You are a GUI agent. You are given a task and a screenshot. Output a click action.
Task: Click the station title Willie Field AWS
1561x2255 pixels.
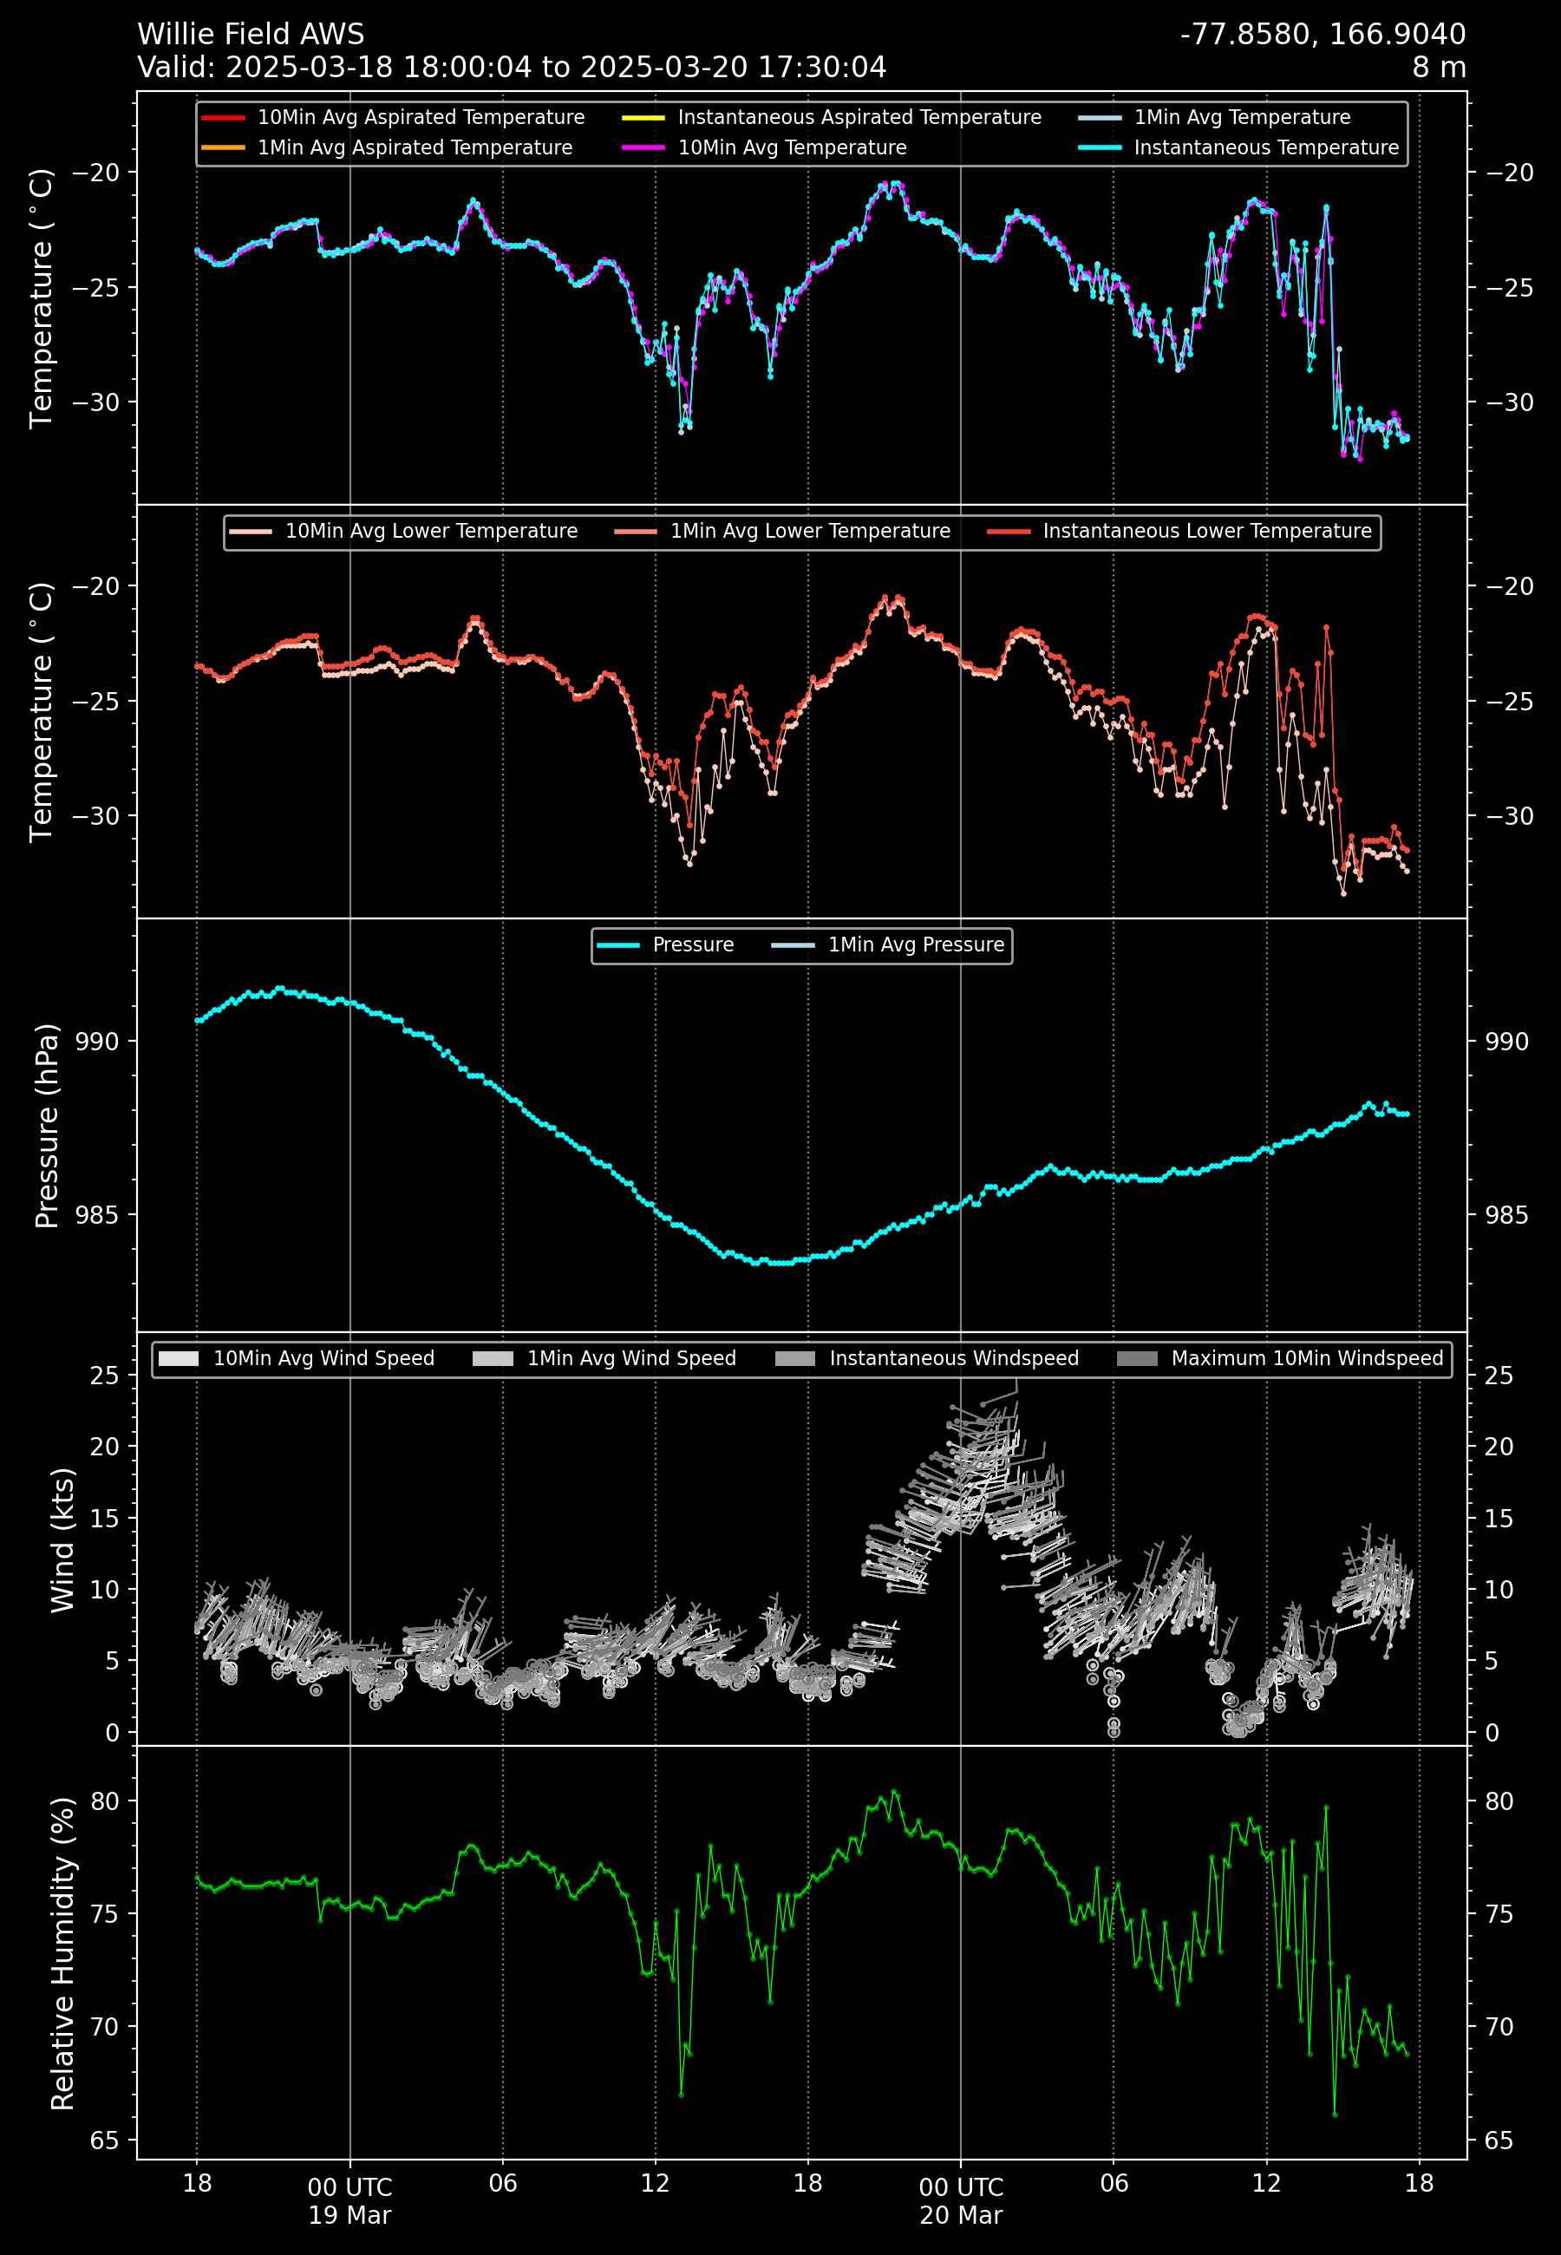click(x=251, y=34)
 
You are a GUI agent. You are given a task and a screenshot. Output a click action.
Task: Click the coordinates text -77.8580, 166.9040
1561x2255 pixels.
click(x=1323, y=34)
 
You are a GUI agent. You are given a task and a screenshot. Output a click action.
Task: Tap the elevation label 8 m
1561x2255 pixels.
click(x=1438, y=68)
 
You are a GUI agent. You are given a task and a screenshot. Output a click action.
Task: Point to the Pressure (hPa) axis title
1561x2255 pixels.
click(x=47, y=1126)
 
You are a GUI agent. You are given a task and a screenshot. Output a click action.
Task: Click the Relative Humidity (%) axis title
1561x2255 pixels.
click(x=62, y=1953)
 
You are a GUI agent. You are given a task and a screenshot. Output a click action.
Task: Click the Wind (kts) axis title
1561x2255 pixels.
click(x=62, y=1539)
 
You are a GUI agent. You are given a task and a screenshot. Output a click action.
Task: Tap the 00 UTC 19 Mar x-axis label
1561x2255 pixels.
click(x=350, y=2201)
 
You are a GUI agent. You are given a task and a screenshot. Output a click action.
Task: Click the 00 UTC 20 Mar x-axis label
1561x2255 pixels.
click(x=961, y=2201)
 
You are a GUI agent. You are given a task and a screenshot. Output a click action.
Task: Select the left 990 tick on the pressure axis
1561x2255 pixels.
click(x=97, y=1042)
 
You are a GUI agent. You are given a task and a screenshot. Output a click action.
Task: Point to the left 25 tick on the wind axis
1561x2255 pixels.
click(x=105, y=1376)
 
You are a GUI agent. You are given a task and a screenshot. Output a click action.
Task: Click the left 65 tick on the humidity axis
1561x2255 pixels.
click(x=105, y=2141)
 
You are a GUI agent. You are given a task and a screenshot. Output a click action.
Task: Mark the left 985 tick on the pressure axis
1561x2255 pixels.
click(x=97, y=1214)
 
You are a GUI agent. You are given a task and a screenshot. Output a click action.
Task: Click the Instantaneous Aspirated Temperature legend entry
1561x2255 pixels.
click(x=859, y=117)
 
